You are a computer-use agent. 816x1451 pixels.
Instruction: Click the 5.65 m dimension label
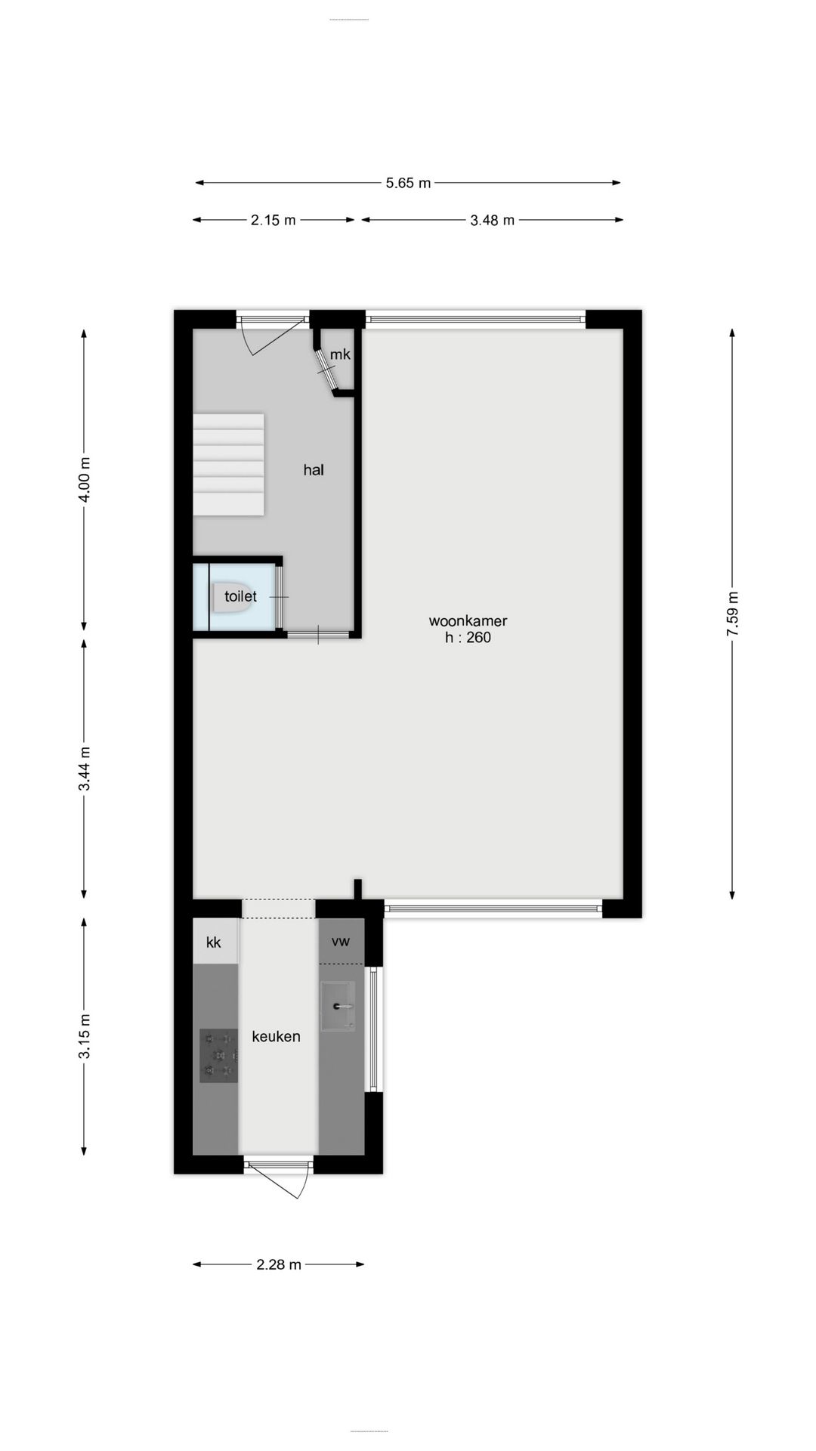pos(408,183)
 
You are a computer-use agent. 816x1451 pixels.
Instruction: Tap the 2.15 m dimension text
pos(274,221)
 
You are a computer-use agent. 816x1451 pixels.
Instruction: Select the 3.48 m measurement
pos(492,221)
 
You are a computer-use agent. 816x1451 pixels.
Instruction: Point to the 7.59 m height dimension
pos(732,614)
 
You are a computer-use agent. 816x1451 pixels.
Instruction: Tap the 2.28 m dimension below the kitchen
pos(279,1264)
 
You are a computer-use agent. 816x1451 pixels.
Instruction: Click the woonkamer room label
pos(468,621)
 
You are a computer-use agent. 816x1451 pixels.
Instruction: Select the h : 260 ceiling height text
pos(468,638)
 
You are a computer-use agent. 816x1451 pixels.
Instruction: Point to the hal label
pos(314,470)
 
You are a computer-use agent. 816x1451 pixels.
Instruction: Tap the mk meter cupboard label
pos(340,354)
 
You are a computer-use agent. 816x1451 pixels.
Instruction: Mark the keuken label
pos(276,1037)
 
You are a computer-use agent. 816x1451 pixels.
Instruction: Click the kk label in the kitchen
pos(214,942)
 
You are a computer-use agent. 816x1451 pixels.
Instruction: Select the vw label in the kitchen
pos(340,942)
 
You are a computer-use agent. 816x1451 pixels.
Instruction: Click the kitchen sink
pos(338,1006)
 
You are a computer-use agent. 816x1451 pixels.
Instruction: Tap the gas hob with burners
pos(218,1056)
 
